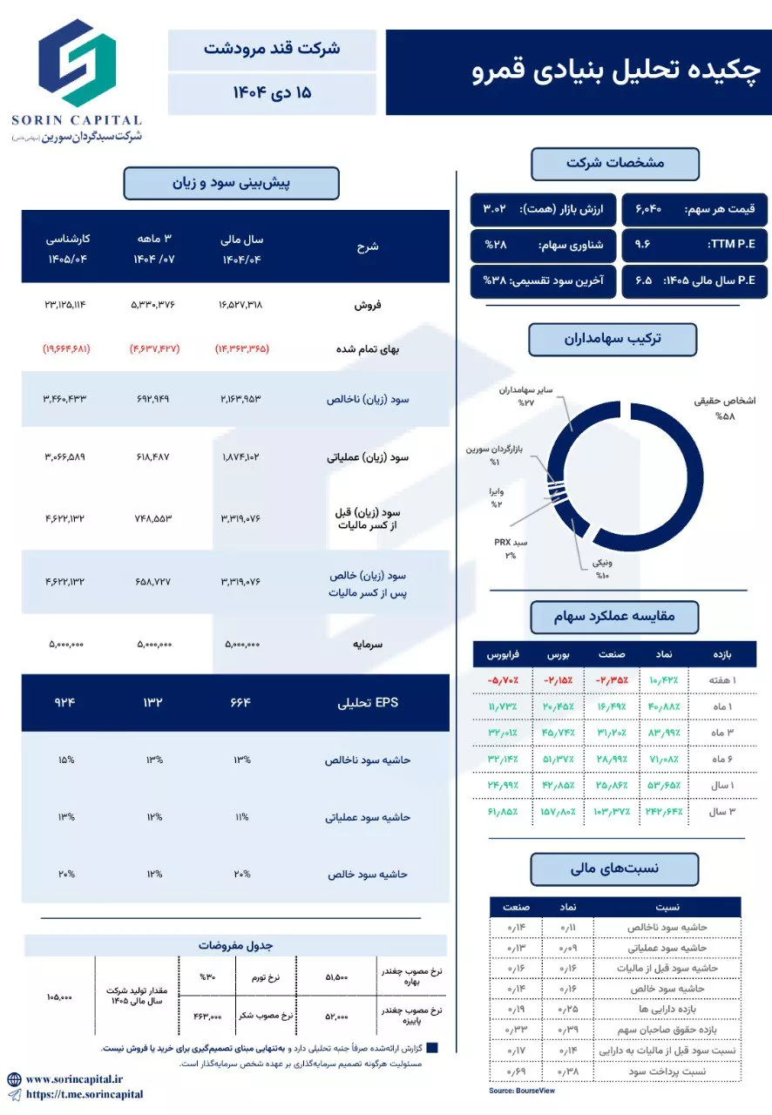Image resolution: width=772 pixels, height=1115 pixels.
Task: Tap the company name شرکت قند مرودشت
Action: (272, 49)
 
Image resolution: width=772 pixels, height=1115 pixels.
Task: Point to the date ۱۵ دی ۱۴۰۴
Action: (272, 92)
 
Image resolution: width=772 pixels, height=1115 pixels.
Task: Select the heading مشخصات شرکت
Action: (614, 163)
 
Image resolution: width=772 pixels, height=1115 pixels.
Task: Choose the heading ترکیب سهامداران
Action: (613, 339)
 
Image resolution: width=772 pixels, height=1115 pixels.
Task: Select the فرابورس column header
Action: (502, 653)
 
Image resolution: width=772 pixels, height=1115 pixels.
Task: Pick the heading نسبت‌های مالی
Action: (614, 868)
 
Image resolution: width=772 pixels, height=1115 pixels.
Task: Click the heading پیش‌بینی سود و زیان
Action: (231, 183)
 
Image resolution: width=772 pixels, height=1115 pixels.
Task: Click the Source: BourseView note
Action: (522, 1090)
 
